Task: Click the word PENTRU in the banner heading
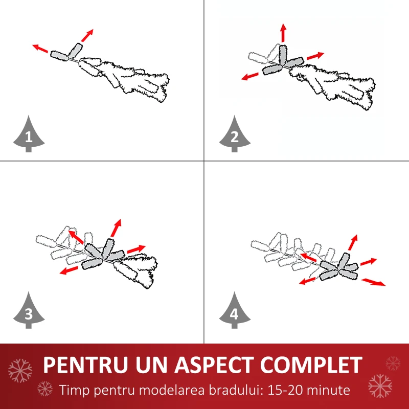click(x=85, y=365)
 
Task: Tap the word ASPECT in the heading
click(x=214, y=365)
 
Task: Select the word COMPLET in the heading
click(x=311, y=365)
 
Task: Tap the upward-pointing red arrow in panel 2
click(x=284, y=33)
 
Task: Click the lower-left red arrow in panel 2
click(x=250, y=76)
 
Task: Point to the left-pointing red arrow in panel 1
click(x=40, y=48)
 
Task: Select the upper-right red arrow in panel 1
click(x=87, y=35)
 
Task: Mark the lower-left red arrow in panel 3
click(x=69, y=270)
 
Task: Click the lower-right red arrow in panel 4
click(x=374, y=282)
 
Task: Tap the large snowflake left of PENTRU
click(x=20, y=371)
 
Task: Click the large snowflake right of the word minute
click(x=380, y=386)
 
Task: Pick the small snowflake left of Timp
click(x=45, y=389)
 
